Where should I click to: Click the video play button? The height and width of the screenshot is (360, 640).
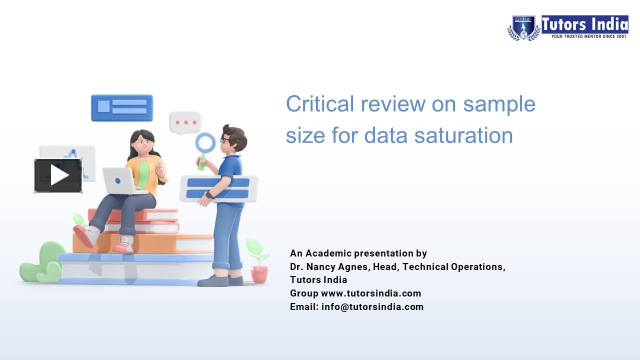click(x=58, y=175)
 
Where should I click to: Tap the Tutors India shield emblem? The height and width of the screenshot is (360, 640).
click(x=523, y=28)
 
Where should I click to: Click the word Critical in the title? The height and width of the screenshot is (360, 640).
click(x=320, y=104)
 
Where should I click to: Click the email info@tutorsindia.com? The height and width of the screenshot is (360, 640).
click(x=372, y=306)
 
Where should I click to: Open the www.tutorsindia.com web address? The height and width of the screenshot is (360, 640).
click(x=371, y=293)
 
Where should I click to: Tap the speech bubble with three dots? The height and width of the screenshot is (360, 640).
click(x=185, y=122)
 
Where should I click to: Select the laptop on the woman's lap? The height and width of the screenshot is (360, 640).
click(x=120, y=180)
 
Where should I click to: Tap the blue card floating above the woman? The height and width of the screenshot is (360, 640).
click(x=122, y=107)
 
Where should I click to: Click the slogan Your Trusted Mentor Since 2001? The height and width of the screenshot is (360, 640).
click(x=589, y=36)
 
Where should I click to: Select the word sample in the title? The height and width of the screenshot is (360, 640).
click(x=499, y=104)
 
